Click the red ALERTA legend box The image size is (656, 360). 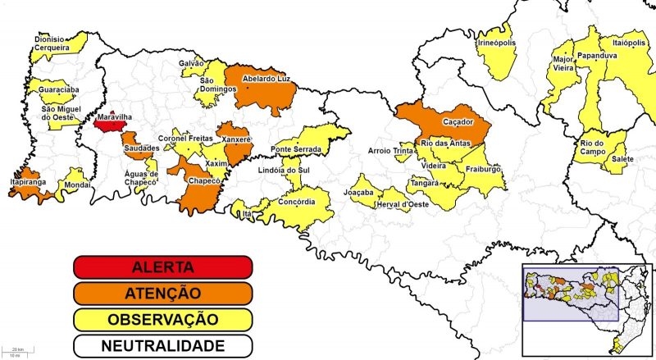point(162,267)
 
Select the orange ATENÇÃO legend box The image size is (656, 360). point(162,293)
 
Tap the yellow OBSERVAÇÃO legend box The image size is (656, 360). point(162,319)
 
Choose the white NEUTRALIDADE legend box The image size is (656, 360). point(162,345)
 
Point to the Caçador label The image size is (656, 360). point(459,121)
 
